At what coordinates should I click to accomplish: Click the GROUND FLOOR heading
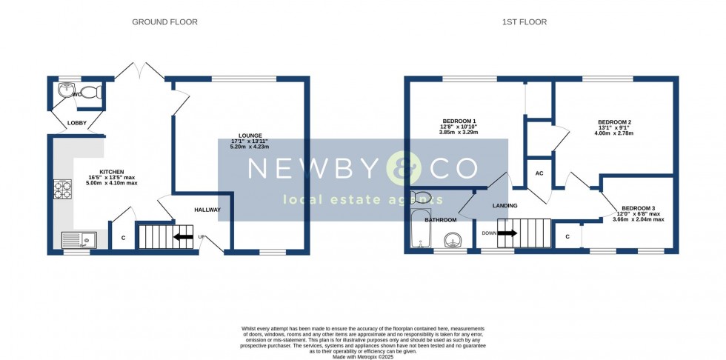164,22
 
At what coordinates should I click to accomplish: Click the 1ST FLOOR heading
524,22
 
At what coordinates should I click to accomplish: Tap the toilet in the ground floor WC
90,93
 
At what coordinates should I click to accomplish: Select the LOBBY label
77,123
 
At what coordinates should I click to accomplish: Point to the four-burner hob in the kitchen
61,190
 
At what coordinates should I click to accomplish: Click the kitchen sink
78,239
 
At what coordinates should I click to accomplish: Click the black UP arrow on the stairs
183,237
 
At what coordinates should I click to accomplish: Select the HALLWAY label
207,210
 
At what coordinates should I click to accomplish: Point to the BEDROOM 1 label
459,121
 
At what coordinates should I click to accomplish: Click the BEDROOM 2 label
615,122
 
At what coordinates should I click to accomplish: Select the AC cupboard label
539,174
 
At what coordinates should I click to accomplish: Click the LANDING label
504,205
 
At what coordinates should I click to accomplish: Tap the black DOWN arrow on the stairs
507,233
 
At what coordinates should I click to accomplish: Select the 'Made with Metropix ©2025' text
363,358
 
